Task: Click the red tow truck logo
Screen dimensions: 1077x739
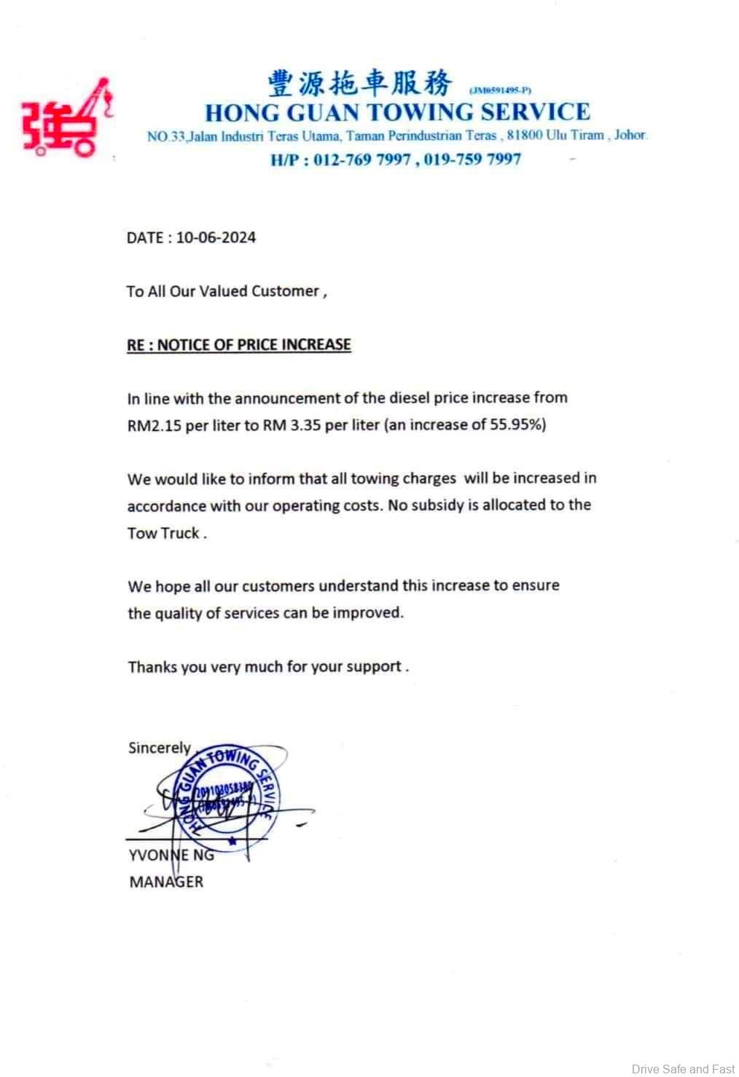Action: click(66, 119)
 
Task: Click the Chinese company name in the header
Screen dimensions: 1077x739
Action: click(359, 84)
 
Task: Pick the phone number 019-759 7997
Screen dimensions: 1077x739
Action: click(472, 159)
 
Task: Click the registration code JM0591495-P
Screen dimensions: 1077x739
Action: click(501, 90)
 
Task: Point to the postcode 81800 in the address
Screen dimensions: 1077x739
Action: click(525, 135)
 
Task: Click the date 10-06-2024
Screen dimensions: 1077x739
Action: click(216, 237)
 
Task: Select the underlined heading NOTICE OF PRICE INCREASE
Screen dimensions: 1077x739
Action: click(254, 344)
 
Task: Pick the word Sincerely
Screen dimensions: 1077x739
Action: click(159, 748)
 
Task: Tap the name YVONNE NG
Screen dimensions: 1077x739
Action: click(171, 855)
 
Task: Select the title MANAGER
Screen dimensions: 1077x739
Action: click(166, 882)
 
